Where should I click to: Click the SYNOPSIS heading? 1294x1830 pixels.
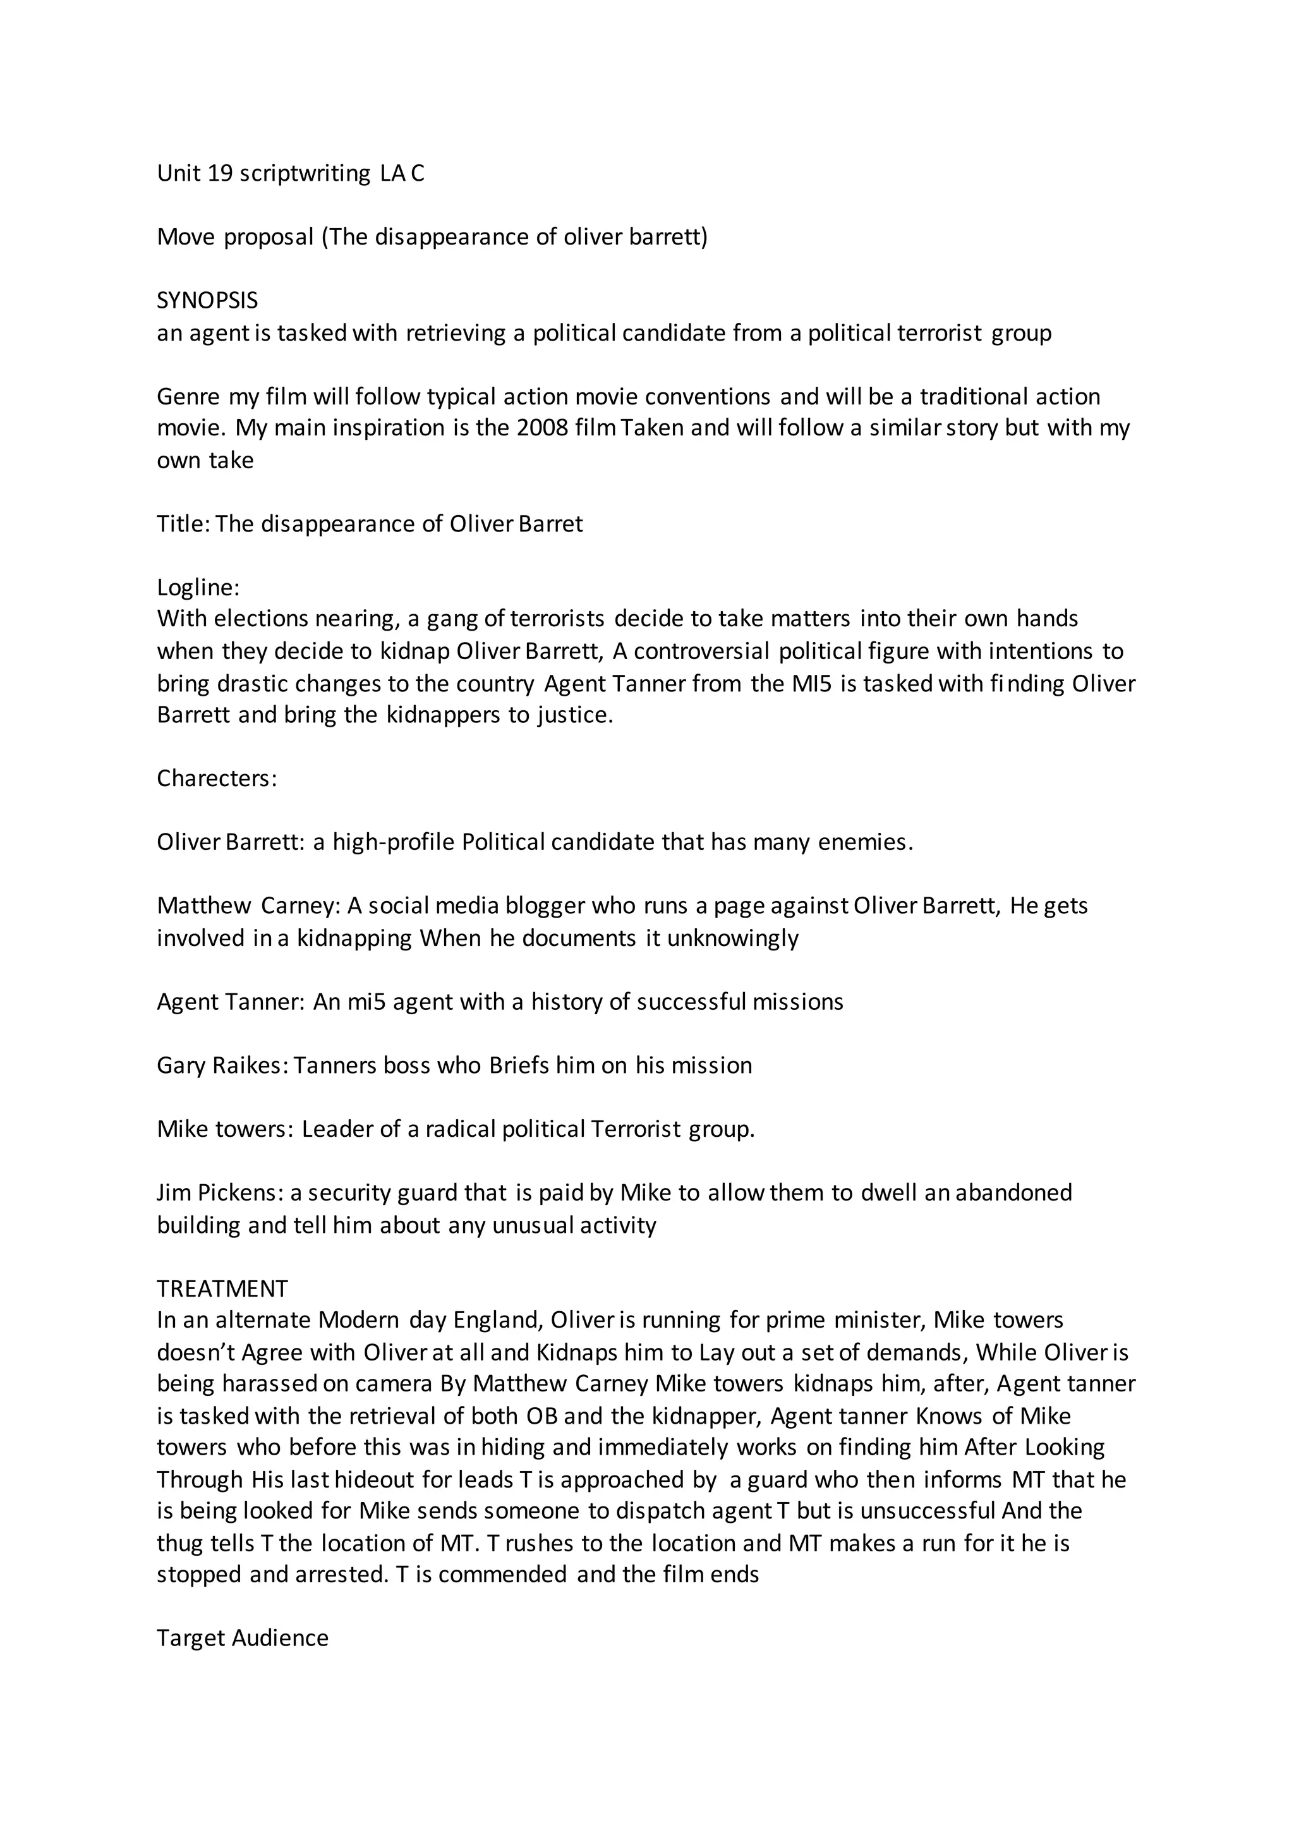[x=207, y=301]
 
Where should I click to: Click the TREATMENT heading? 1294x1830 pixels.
[x=222, y=1289]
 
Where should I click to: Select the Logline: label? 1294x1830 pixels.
[x=198, y=588]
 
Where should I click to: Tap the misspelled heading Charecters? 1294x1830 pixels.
[x=217, y=778]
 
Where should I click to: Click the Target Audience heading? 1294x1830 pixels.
[x=242, y=1638]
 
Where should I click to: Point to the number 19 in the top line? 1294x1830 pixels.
[x=219, y=173]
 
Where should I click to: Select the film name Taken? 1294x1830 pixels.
[x=652, y=428]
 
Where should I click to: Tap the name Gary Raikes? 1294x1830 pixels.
[x=221, y=1065]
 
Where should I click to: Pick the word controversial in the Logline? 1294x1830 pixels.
[x=702, y=651]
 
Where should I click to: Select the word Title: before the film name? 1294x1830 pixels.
[x=183, y=524]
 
